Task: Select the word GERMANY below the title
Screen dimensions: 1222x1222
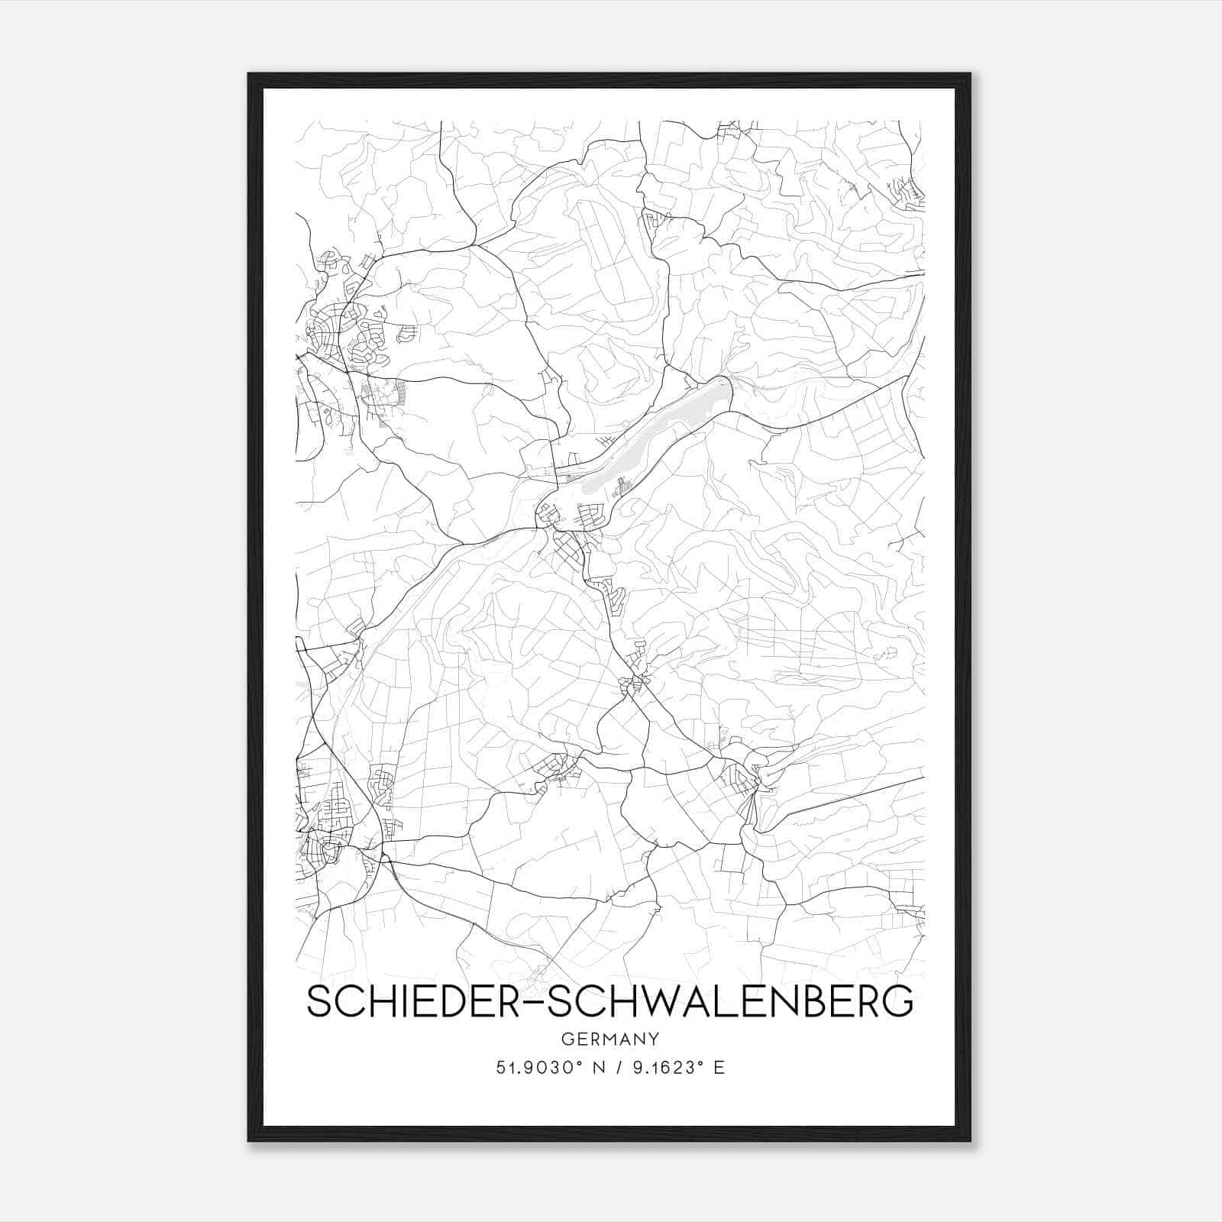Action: tap(609, 1039)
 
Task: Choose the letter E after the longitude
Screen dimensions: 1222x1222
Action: tap(719, 1068)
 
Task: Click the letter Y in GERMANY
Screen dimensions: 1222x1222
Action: tap(654, 1039)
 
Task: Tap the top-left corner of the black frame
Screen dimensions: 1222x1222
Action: tap(250, 75)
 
